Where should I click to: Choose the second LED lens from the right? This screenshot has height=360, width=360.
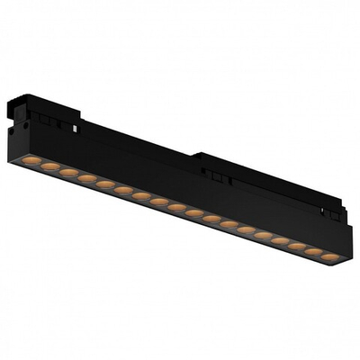tap(311, 252)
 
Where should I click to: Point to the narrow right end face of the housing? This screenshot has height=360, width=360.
tap(346, 247)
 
